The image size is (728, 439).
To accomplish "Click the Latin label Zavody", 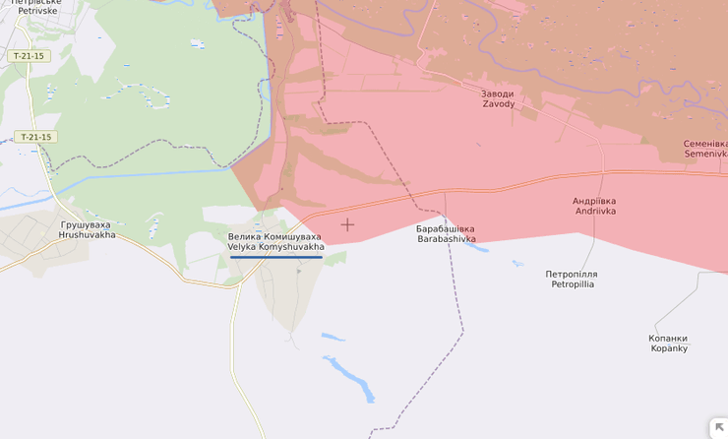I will pos(497,104).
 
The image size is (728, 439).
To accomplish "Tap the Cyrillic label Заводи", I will pos(497,94).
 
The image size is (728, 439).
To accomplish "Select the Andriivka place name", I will pos(594,211).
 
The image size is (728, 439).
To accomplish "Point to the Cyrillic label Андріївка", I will pos(594,200).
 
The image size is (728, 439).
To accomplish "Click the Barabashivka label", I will pos(446,239).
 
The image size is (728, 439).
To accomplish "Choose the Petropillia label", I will pos(572,284).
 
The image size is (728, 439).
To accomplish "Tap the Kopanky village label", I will pos(668,348).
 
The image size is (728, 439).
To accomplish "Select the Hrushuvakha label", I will pos(87,235).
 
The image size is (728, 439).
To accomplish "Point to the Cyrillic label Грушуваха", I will pos(87,224).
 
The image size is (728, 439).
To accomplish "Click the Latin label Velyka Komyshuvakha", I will pos(275,247).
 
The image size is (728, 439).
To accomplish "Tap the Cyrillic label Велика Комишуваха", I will pos(274,236).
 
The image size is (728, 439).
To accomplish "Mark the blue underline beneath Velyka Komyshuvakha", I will pos(276,257).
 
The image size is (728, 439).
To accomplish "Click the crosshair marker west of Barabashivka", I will pos(347,224).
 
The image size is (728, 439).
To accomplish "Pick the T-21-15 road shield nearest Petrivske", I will pos(29,56).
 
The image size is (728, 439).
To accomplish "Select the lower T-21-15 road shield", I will pos(34,137).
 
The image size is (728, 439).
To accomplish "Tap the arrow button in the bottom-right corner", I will pos(718,428).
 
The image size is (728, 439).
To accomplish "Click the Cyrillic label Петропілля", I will pos(572,274).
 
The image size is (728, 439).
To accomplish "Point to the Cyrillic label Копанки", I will pos(668,338).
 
